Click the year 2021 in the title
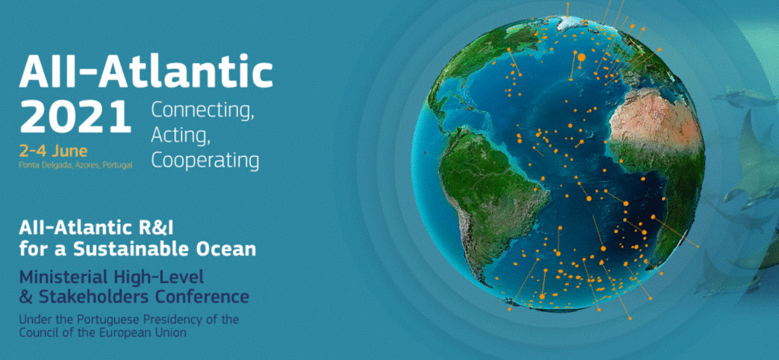coord(75,116)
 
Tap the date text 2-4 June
coord(53,150)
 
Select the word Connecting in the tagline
coord(202,111)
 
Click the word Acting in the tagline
coord(181,135)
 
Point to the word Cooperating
coord(205,160)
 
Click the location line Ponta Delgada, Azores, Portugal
coord(75,165)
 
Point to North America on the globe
coord(477,65)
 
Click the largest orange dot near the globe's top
coord(581,58)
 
